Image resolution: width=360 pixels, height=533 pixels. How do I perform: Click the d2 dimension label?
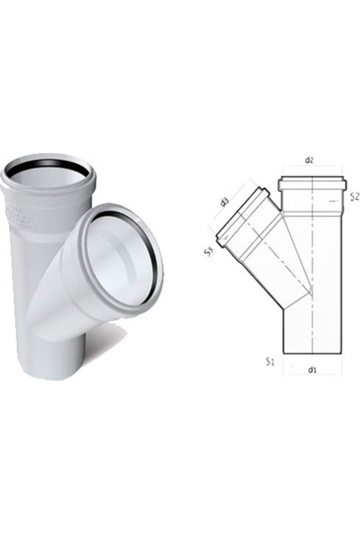[x=310, y=159]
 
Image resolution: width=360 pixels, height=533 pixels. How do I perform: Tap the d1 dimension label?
[x=310, y=368]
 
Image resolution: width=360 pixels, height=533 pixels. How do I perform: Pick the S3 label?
[x=208, y=254]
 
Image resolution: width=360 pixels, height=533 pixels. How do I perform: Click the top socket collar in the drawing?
[x=310, y=185]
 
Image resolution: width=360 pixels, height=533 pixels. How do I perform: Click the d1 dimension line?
[x=310, y=375]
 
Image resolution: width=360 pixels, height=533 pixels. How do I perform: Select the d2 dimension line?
[x=310, y=167]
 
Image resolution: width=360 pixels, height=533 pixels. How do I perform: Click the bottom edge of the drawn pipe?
[x=310, y=354]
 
